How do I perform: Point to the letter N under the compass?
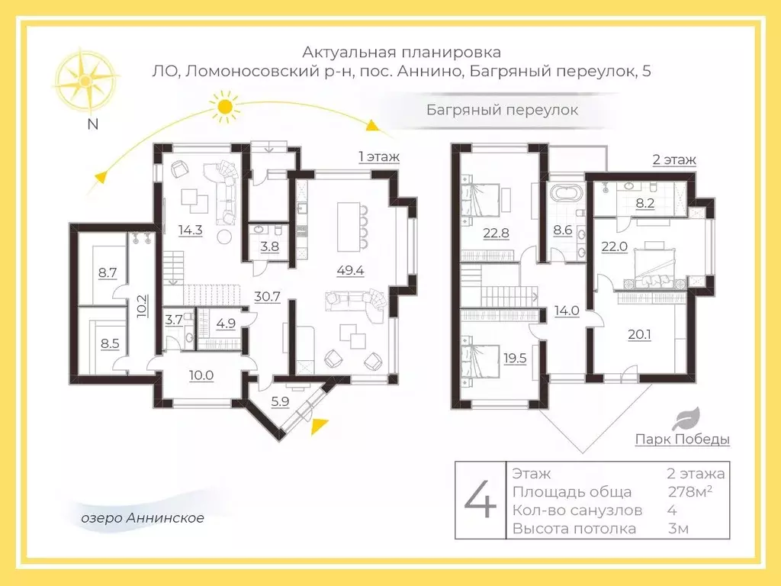(x=92, y=127)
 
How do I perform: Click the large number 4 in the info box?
(x=480, y=501)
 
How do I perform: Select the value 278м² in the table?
(x=689, y=492)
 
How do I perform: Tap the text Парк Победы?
(x=682, y=439)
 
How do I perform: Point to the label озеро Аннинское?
(x=143, y=518)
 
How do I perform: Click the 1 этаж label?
(x=379, y=156)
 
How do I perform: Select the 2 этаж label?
(x=673, y=160)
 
